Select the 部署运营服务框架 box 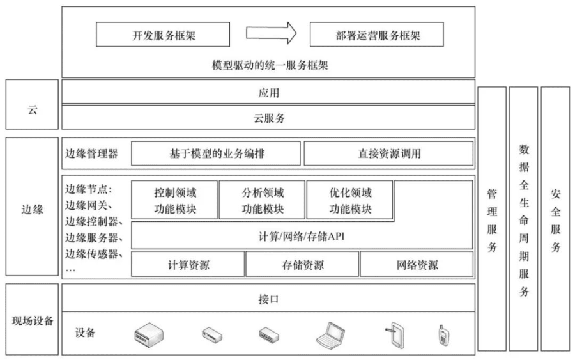[376, 35]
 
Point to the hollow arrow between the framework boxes [272, 34]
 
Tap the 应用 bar [268, 92]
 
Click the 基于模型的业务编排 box [215, 153]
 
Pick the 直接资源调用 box [388, 153]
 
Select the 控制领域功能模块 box [173, 200]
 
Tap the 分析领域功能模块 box [262, 200]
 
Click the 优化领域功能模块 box [349, 200]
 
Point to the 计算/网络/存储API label [302, 237]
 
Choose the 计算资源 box [188, 264]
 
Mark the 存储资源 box [302, 264]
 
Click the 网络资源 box [417, 264]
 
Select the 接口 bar [268, 298]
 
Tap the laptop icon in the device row [332, 334]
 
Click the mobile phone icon [441, 334]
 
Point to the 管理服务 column [492, 219]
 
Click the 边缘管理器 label [92, 153]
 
